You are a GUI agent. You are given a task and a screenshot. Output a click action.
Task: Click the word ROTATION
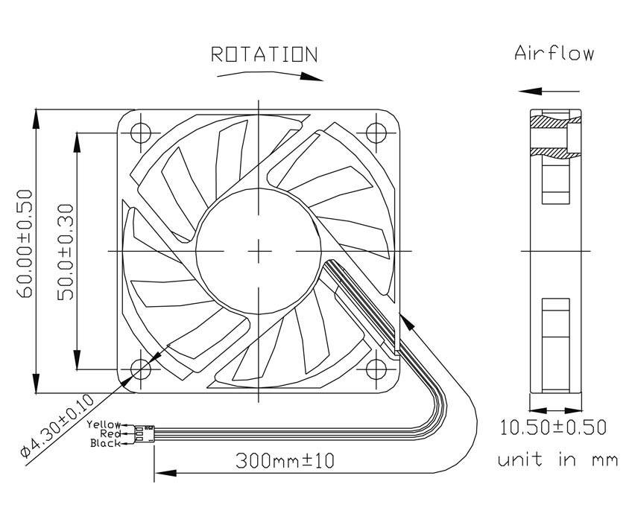pyautogui.click(x=264, y=54)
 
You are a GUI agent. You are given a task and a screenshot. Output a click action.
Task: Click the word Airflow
pyautogui.click(x=554, y=53)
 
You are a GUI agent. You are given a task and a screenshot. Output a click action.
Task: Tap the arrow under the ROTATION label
pyautogui.click(x=269, y=74)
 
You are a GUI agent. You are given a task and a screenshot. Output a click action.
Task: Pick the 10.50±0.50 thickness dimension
pyautogui.click(x=553, y=427)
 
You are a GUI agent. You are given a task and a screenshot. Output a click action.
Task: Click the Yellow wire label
pyautogui.click(x=104, y=424)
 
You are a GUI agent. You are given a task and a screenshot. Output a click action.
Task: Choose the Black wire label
pyautogui.click(x=105, y=443)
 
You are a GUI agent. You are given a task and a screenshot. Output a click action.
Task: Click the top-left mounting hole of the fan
pyautogui.click(x=141, y=132)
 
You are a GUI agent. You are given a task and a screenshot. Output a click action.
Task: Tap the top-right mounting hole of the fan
pyautogui.click(x=379, y=132)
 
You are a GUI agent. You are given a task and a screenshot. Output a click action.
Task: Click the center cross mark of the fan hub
pyautogui.click(x=259, y=251)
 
